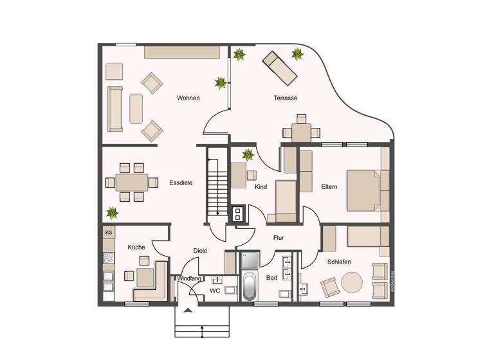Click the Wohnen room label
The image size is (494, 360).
click(188, 98)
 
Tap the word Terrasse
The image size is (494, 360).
click(285, 98)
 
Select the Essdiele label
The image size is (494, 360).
click(181, 183)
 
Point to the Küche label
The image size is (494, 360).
click(136, 247)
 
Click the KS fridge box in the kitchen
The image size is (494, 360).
click(109, 233)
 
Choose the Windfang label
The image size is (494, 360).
click(189, 278)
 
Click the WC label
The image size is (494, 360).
click(215, 291)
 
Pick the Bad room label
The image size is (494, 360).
click(271, 278)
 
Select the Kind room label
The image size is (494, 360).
click(261, 187)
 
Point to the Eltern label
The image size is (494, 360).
click(329, 187)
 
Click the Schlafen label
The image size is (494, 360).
click(338, 262)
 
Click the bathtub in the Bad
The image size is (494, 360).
click(249, 286)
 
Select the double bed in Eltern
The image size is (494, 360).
click(365, 190)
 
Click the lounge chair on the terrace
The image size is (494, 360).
click(279, 69)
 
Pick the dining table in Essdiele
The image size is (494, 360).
click(131, 183)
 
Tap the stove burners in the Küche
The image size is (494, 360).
click(109, 258)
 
